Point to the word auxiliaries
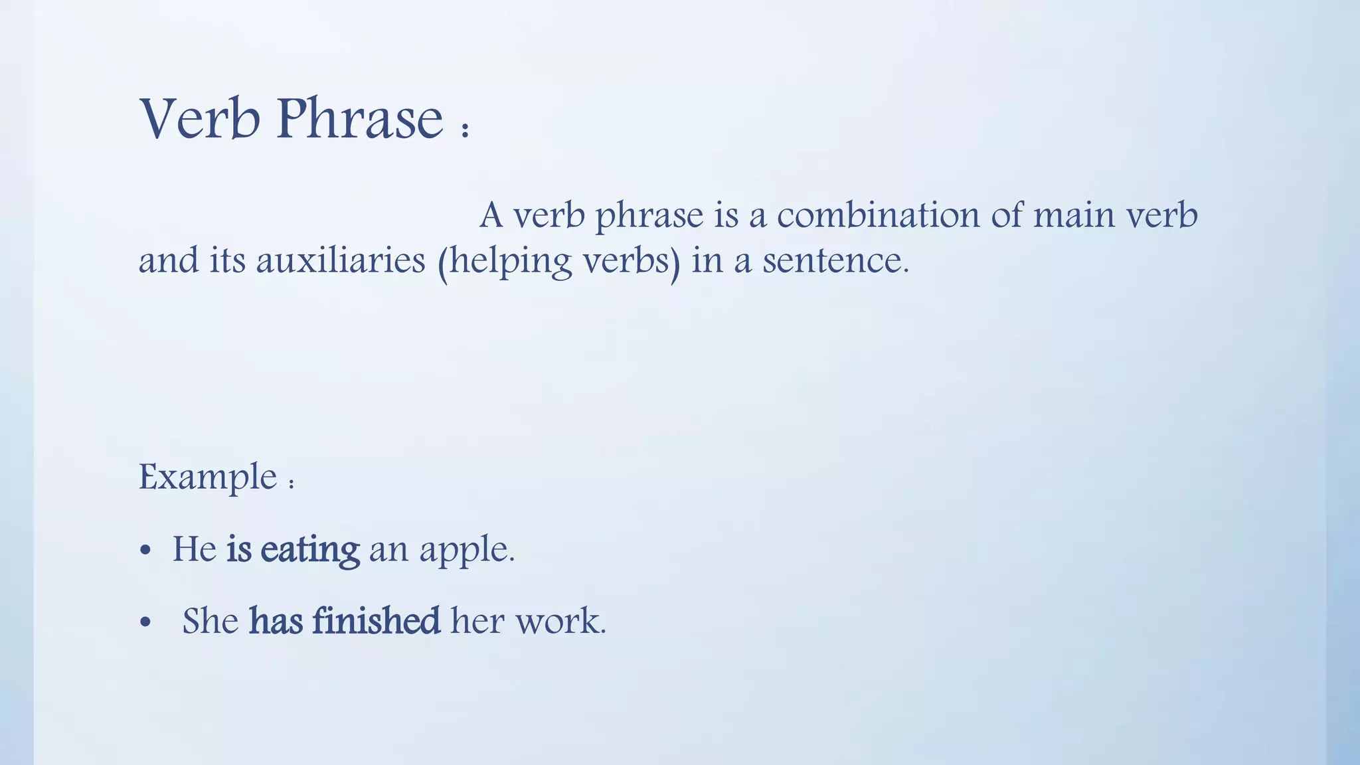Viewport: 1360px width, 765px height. [340, 260]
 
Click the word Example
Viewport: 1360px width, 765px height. [207, 477]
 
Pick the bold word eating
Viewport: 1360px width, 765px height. [310, 550]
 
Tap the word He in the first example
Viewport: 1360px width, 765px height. [195, 549]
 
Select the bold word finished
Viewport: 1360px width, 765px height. [376, 621]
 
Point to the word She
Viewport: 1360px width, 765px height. [211, 621]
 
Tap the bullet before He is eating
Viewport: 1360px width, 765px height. [146, 551]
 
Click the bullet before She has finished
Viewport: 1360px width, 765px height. [146, 623]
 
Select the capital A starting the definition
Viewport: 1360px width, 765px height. [491, 215]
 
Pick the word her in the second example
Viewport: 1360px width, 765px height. [477, 621]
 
